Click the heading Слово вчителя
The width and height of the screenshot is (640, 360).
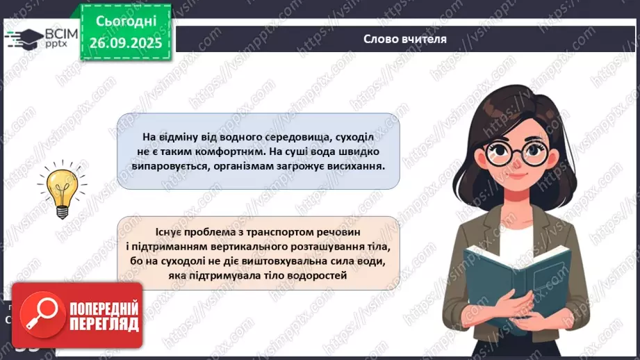(404, 39)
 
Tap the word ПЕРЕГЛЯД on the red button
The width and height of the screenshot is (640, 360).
(104, 324)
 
